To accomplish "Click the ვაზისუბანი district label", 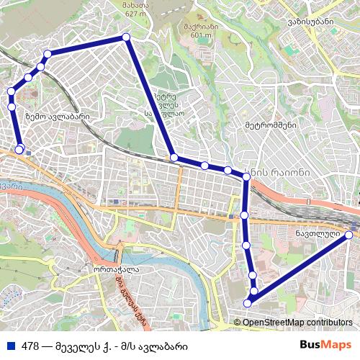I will [x=312, y=22].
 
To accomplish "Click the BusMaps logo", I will [x=325, y=345].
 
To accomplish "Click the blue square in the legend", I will [x=9, y=345].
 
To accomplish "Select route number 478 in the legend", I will [x=30, y=345].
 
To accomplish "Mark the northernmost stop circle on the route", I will [x=125, y=37].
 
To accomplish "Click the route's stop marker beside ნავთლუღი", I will [x=349, y=235].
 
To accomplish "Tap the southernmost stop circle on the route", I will [x=248, y=302].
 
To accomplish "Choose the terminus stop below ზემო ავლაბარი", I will [x=19, y=150].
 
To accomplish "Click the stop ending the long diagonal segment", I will [x=174, y=157].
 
